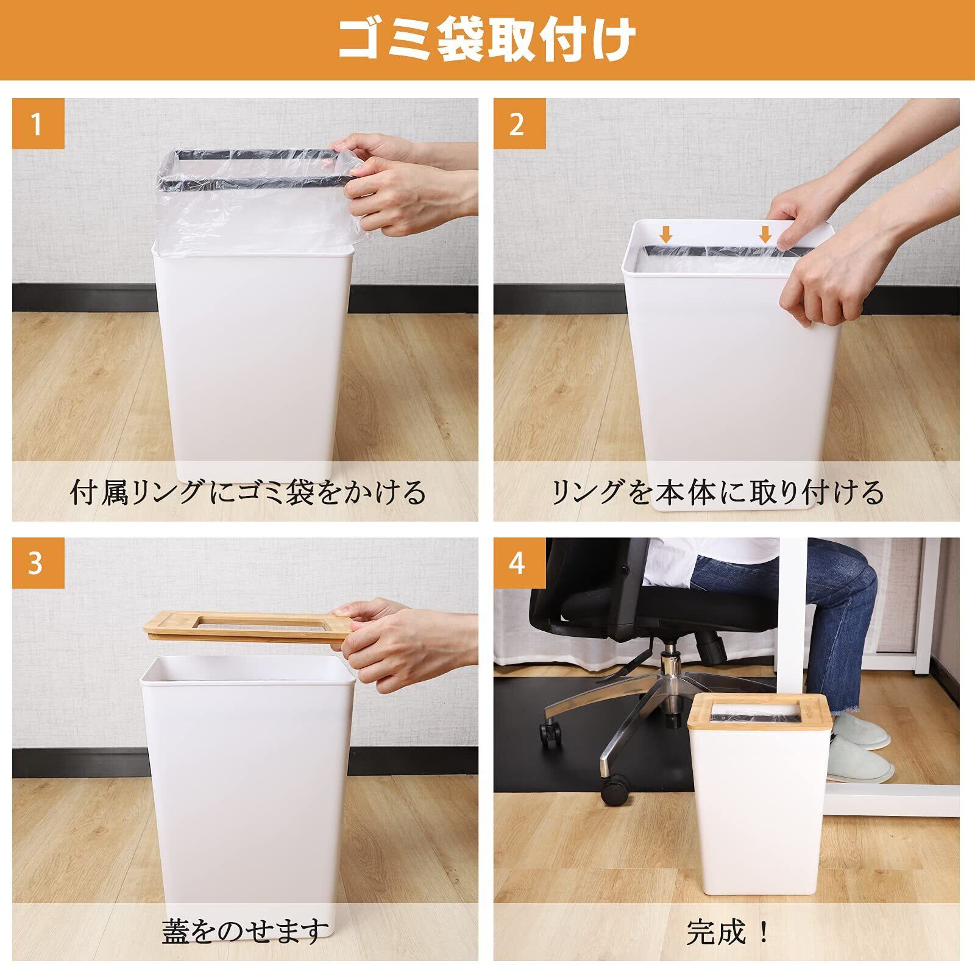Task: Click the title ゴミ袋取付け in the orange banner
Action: tap(487, 40)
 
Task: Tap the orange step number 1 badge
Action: tap(38, 124)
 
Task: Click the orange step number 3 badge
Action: tap(38, 564)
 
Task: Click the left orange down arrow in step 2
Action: tap(667, 234)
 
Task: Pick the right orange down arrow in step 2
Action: tap(765, 234)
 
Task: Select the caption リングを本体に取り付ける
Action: tap(717, 492)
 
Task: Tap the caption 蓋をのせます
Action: tap(246, 931)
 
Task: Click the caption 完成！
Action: tap(729, 931)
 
